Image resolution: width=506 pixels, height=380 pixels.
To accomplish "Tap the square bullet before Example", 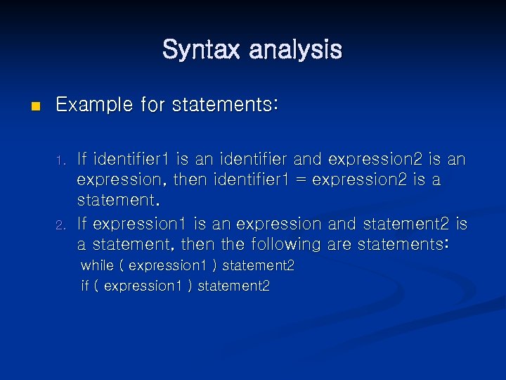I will [28, 107].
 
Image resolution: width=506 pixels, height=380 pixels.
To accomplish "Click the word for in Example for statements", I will [155, 106].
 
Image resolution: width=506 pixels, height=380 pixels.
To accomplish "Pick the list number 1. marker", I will [61, 160].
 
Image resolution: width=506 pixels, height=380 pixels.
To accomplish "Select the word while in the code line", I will [97, 266].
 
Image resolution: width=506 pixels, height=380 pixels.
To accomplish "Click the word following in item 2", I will [284, 245].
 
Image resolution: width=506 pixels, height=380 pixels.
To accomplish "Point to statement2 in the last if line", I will [234, 286].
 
